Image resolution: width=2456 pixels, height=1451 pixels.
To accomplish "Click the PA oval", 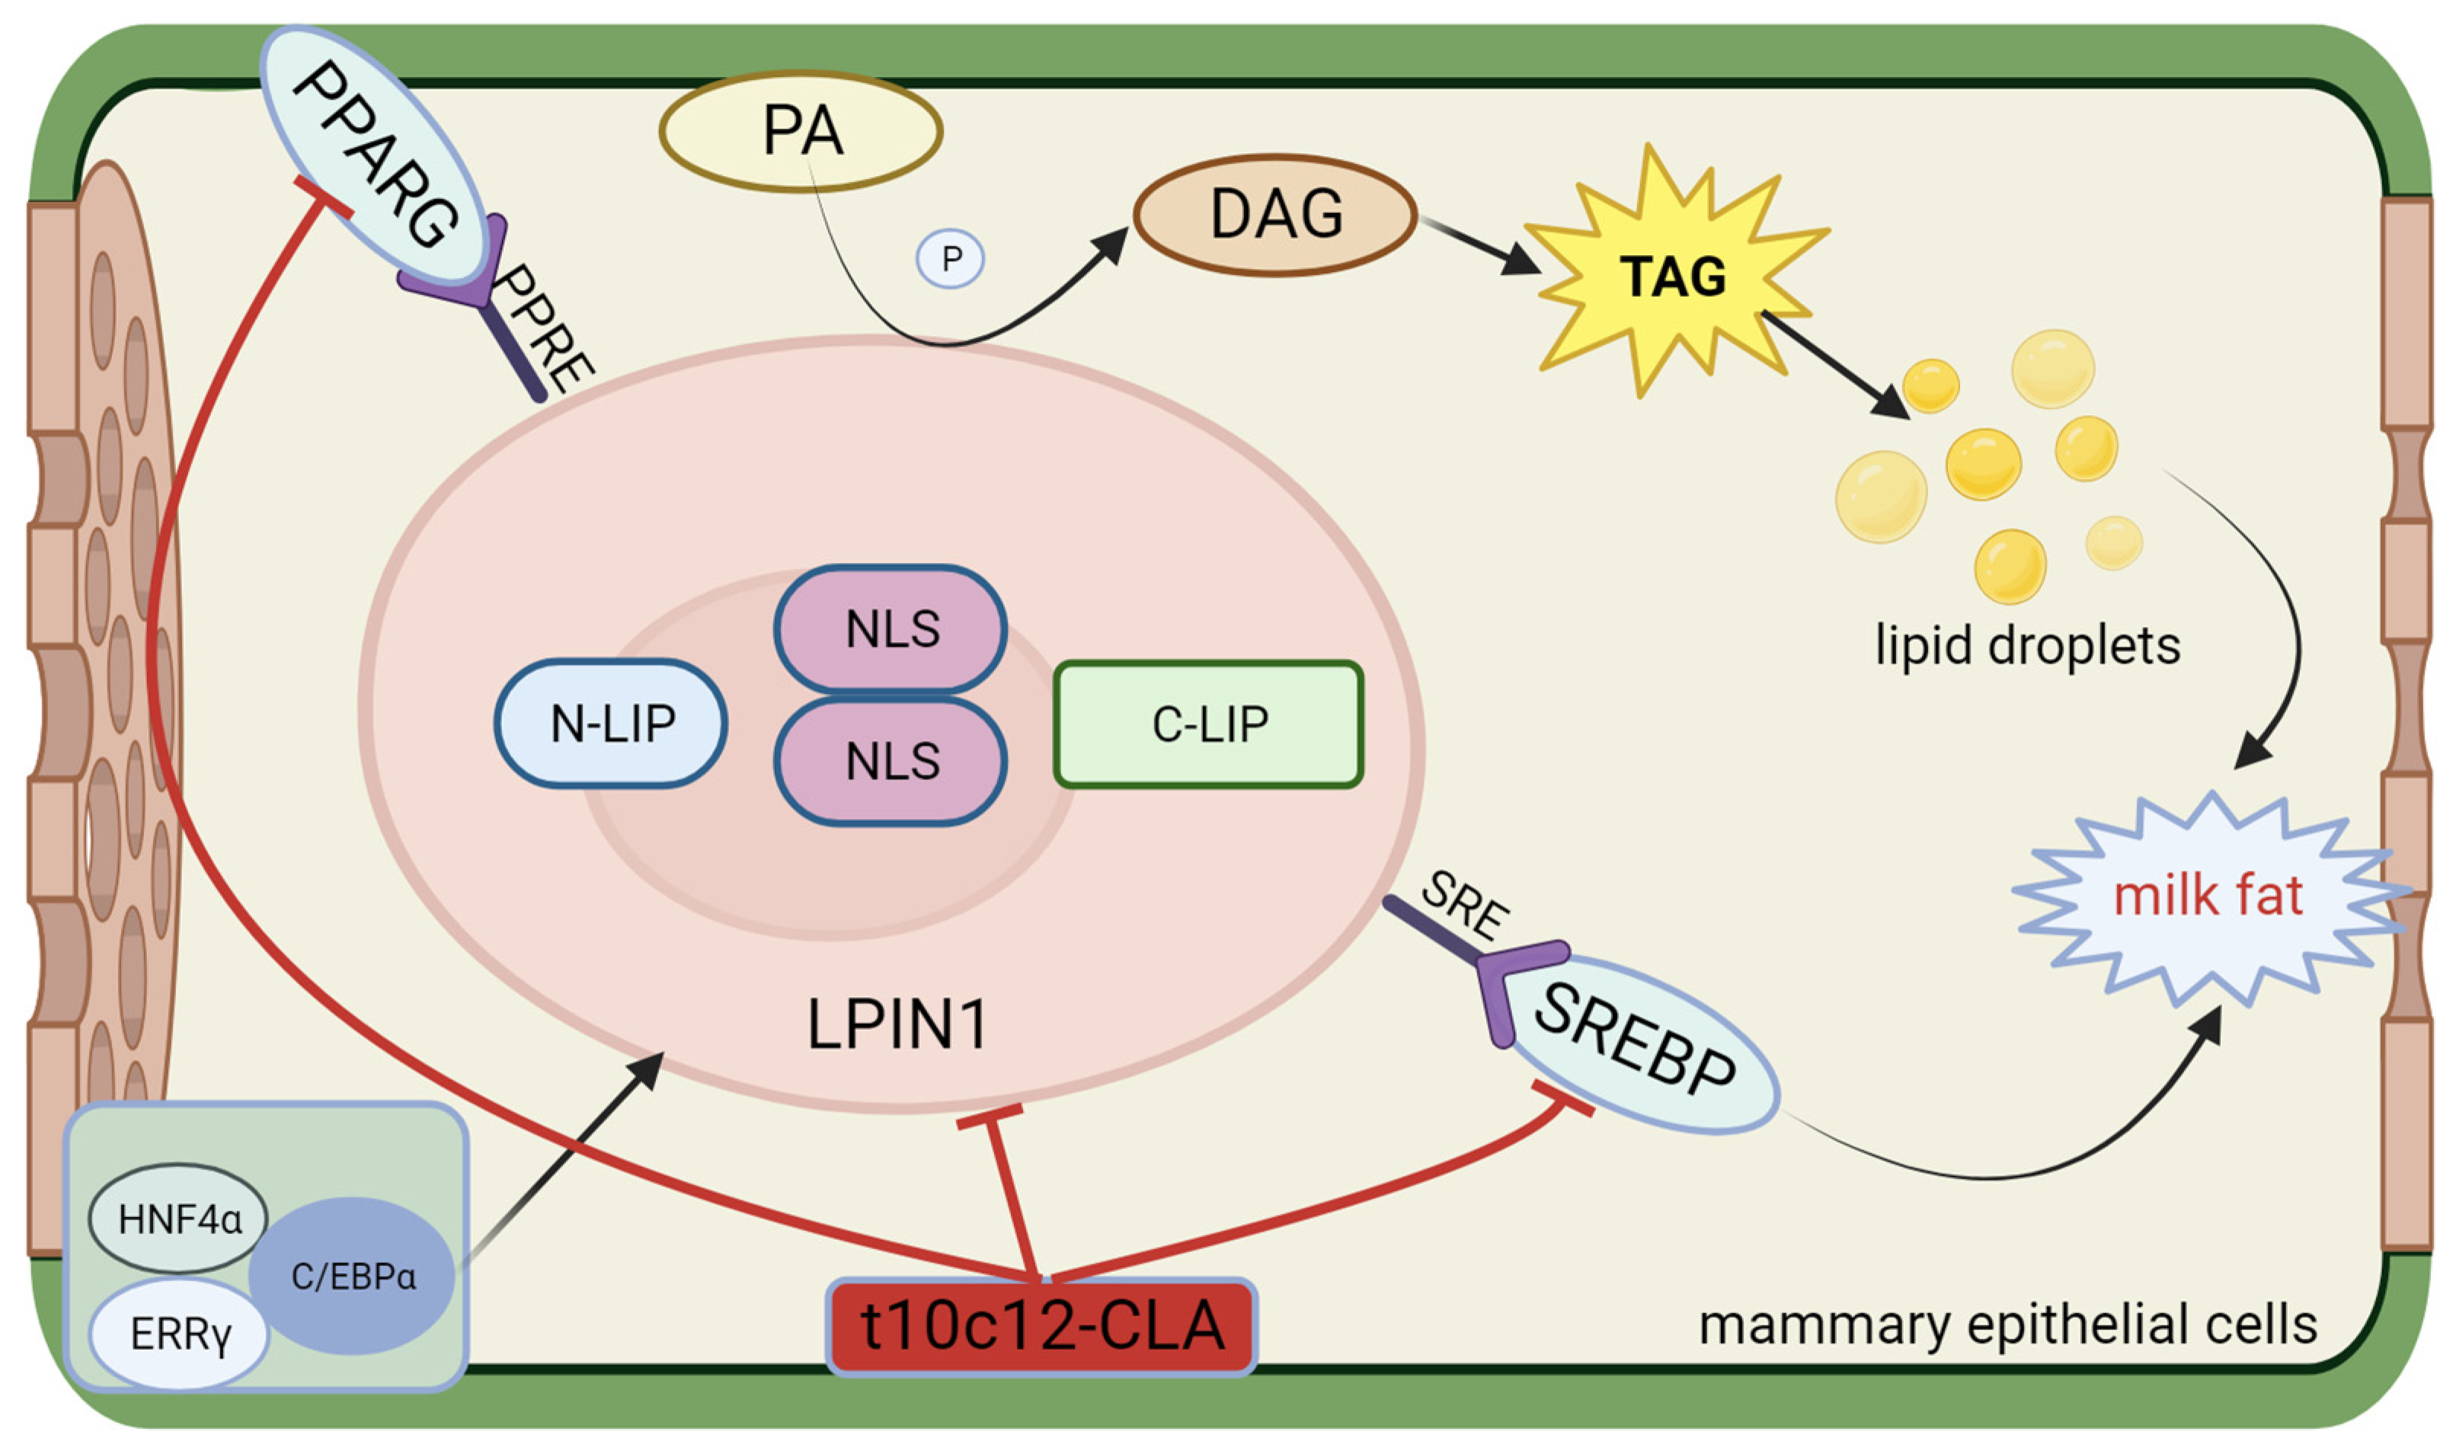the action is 801,131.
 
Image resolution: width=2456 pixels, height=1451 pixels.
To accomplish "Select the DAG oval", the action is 1275,214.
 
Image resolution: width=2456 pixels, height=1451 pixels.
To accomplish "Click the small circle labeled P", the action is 951,258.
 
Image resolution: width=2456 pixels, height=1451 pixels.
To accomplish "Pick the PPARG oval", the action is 376,156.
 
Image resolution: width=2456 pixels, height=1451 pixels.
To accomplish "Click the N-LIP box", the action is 611,724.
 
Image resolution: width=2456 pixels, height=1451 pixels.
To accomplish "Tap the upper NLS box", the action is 891,628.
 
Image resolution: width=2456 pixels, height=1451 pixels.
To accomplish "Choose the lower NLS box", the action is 891,761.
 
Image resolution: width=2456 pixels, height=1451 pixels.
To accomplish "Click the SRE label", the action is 1463,906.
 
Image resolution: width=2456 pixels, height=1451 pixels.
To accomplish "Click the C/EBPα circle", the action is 352,1276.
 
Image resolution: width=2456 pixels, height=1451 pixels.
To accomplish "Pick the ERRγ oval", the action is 179,1334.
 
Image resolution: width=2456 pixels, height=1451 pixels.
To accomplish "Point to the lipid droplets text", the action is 2028,647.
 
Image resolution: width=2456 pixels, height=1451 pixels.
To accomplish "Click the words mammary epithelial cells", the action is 2008,1327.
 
